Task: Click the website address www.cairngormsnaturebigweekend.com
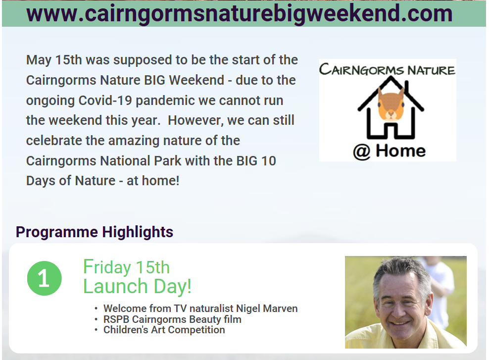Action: tap(239, 13)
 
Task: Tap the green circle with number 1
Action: tap(44, 278)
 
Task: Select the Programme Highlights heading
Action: tap(95, 232)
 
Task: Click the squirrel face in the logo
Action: tap(391, 104)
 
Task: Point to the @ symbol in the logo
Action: tap(362, 152)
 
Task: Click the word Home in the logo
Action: tap(401, 151)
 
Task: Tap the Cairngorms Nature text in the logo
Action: tap(387, 69)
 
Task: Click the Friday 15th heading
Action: tap(126, 267)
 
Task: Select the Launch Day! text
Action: tap(137, 286)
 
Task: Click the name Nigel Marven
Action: tap(267, 309)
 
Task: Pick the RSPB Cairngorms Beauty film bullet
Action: tap(172, 319)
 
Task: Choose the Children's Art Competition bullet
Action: tap(164, 330)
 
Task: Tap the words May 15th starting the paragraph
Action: tap(54, 60)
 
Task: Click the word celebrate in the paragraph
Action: tap(54, 141)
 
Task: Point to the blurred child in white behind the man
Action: tap(439, 290)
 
